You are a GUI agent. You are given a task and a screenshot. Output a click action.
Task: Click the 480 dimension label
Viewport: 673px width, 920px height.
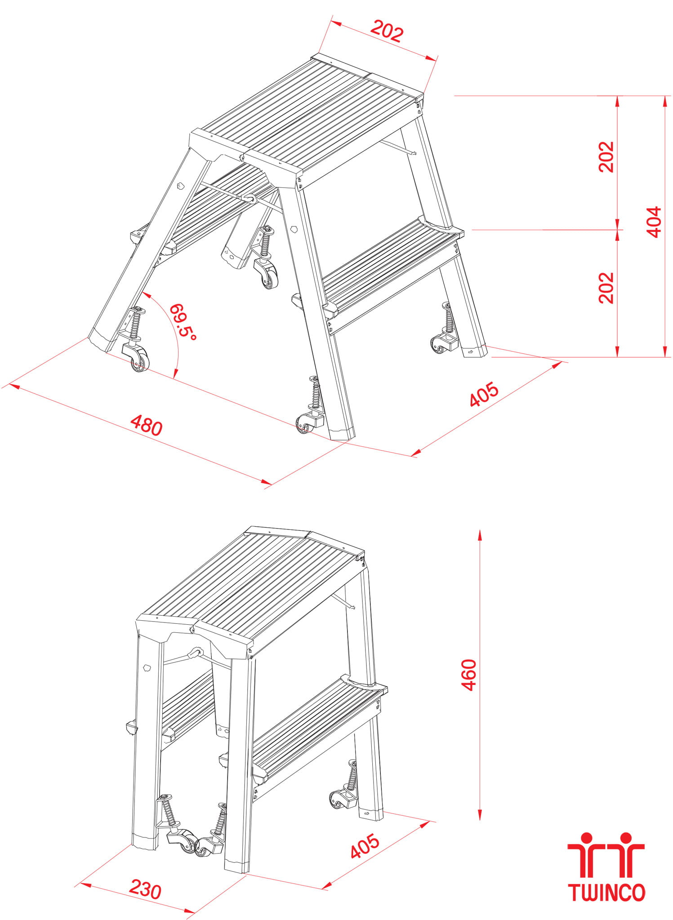(x=146, y=425)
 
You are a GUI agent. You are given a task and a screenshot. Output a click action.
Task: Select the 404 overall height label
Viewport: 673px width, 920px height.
(x=654, y=222)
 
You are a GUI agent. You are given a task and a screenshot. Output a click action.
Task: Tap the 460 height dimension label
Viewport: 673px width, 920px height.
(x=469, y=675)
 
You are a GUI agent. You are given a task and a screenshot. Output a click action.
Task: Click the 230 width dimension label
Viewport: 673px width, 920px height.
(x=145, y=889)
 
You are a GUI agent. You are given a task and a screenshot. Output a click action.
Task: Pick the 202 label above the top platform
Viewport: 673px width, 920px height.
(x=387, y=31)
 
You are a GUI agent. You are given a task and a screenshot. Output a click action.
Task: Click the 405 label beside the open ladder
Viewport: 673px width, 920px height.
(x=484, y=394)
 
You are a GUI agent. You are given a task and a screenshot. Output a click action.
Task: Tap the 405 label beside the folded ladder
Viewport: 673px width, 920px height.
(x=365, y=846)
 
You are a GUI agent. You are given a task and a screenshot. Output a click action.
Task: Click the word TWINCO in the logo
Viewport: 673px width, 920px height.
(x=606, y=893)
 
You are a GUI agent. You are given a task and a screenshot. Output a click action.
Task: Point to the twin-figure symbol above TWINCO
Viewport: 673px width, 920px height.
(x=606, y=854)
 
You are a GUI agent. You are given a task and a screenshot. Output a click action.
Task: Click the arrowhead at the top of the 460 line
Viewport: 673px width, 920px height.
(x=480, y=535)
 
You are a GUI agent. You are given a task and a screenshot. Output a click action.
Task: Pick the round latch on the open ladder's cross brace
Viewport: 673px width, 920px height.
(x=249, y=198)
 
